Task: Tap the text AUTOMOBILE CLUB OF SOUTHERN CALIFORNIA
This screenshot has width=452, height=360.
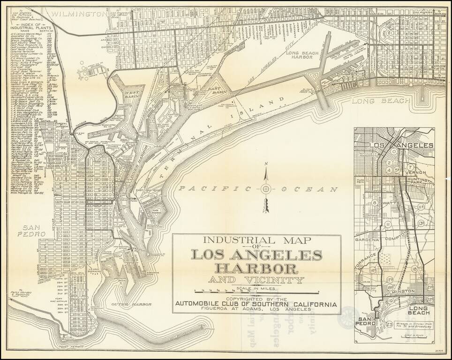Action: pos(256,304)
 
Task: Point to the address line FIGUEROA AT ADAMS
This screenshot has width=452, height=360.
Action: pos(256,309)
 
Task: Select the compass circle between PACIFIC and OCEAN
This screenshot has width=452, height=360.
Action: pos(266,189)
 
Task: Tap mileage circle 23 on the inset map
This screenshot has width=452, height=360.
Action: pos(390,323)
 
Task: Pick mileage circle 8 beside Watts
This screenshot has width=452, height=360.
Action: pos(375,203)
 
